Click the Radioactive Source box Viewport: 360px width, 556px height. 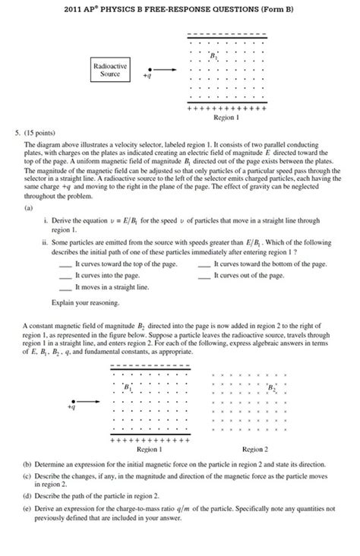click(x=109, y=71)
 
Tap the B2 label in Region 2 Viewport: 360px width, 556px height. click(x=272, y=388)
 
